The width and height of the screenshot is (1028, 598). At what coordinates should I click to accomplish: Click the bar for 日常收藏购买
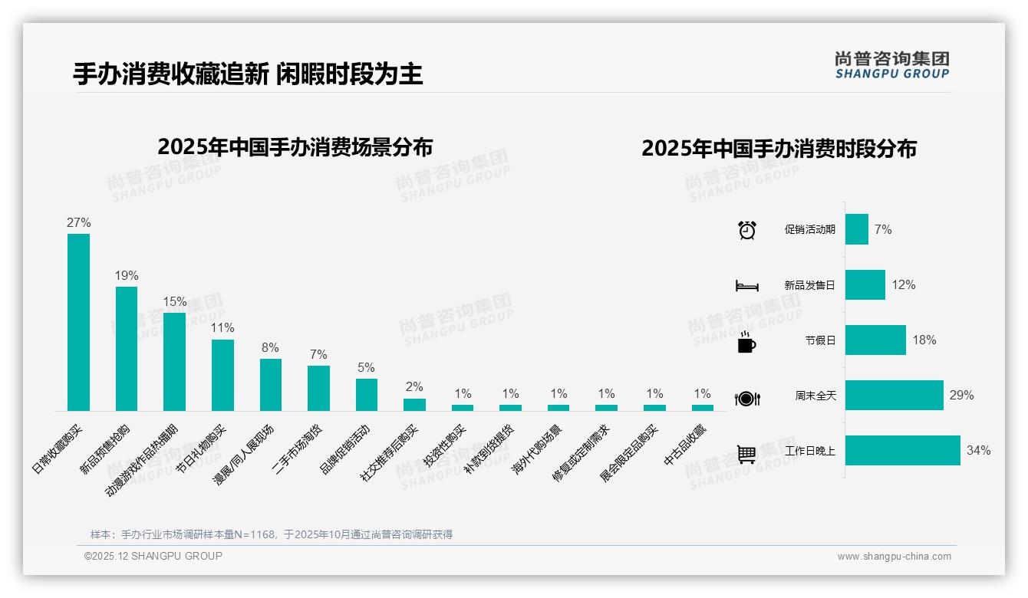[x=78, y=322]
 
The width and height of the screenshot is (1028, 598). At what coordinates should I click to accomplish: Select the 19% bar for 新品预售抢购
[x=127, y=349]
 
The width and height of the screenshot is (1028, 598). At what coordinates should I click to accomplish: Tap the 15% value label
[x=175, y=302]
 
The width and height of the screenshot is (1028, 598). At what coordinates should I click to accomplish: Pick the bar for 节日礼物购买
[x=222, y=375]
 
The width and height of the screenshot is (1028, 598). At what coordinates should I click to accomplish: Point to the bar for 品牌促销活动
[x=367, y=395]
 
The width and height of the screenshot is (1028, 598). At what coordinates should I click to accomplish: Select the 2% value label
[x=414, y=387]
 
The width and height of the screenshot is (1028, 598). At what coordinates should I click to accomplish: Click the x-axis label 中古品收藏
[x=685, y=445]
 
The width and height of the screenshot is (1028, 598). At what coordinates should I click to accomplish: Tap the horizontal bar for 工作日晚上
[x=902, y=451]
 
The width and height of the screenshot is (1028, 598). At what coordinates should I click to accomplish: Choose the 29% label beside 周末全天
[x=961, y=396]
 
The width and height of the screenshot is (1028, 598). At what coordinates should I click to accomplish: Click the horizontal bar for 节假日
[x=875, y=340]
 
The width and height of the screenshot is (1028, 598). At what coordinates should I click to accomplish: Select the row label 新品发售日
[x=809, y=285]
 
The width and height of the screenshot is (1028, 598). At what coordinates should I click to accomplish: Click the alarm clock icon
[x=747, y=230]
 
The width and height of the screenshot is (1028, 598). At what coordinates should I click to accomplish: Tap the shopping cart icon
[x=746, y=454]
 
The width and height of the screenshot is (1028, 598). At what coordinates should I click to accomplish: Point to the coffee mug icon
[x=746, y=343]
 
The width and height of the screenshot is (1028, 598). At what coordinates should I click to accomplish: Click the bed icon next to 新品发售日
[x=746, y=286]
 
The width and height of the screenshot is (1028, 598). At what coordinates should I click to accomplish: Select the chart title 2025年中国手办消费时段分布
[x=779, y=149]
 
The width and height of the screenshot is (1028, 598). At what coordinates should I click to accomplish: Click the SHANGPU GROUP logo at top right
[x=891, y=65]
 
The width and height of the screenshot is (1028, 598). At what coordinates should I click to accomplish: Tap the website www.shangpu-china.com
[x=894, y=557]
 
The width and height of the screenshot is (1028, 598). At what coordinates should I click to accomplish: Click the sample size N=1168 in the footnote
[x=252, y=534]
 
